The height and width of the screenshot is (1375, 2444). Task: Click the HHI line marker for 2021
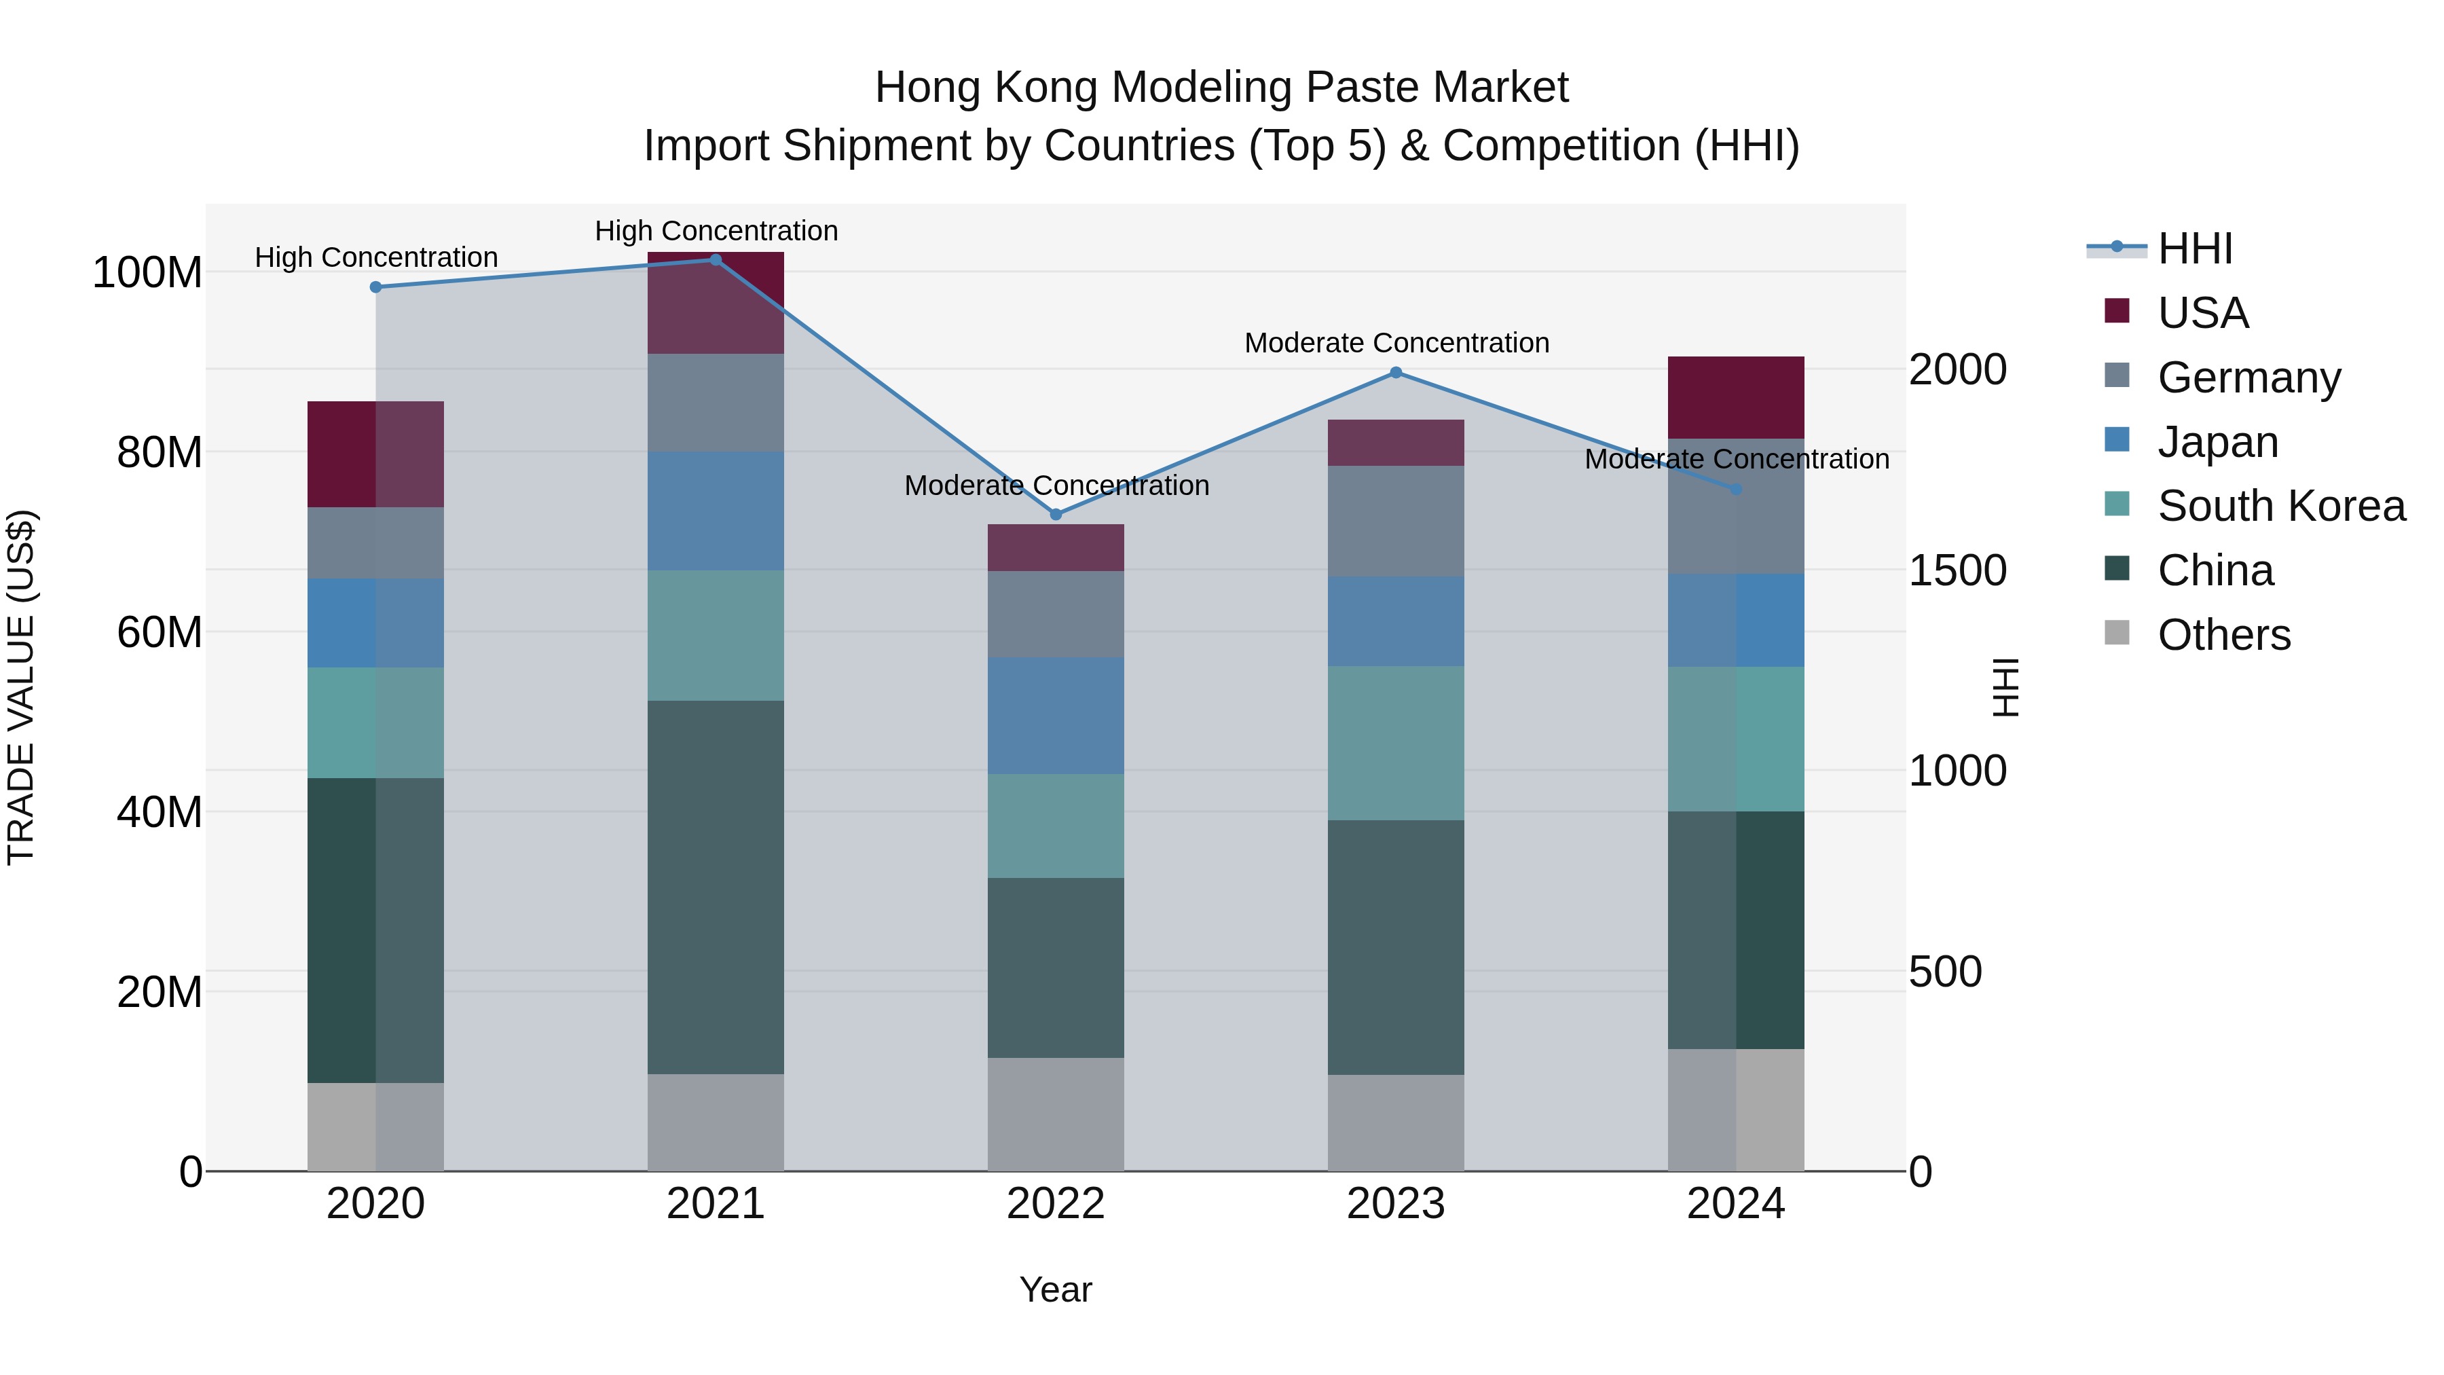pos(716,260)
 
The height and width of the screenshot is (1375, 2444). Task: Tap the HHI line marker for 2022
pos(1056,514)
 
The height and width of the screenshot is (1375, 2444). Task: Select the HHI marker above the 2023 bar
pos(1396,373)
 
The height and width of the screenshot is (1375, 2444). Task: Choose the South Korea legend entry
pos(2281,506)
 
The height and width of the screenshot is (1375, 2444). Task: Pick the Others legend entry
pos(2223,635)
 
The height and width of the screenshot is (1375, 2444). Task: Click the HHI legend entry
pos(2194,249)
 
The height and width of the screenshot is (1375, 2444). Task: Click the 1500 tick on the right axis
pos(1957,570)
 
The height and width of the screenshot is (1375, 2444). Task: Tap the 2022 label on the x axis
pos(1055,1204)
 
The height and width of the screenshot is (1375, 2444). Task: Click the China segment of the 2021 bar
pos(716,887)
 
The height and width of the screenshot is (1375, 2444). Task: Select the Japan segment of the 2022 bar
pos(1055,716)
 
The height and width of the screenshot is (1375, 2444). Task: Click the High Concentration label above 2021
pos(716,231)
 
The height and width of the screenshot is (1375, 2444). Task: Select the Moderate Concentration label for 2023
pos(1396,343)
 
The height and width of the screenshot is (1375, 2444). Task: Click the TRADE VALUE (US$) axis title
pos(21,687)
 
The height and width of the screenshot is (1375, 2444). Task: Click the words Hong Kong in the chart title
pos(986,88)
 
